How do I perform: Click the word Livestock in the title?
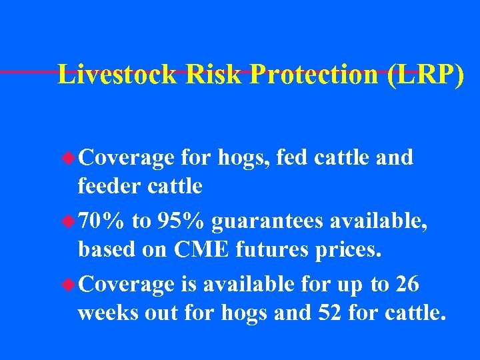[118, 75]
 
